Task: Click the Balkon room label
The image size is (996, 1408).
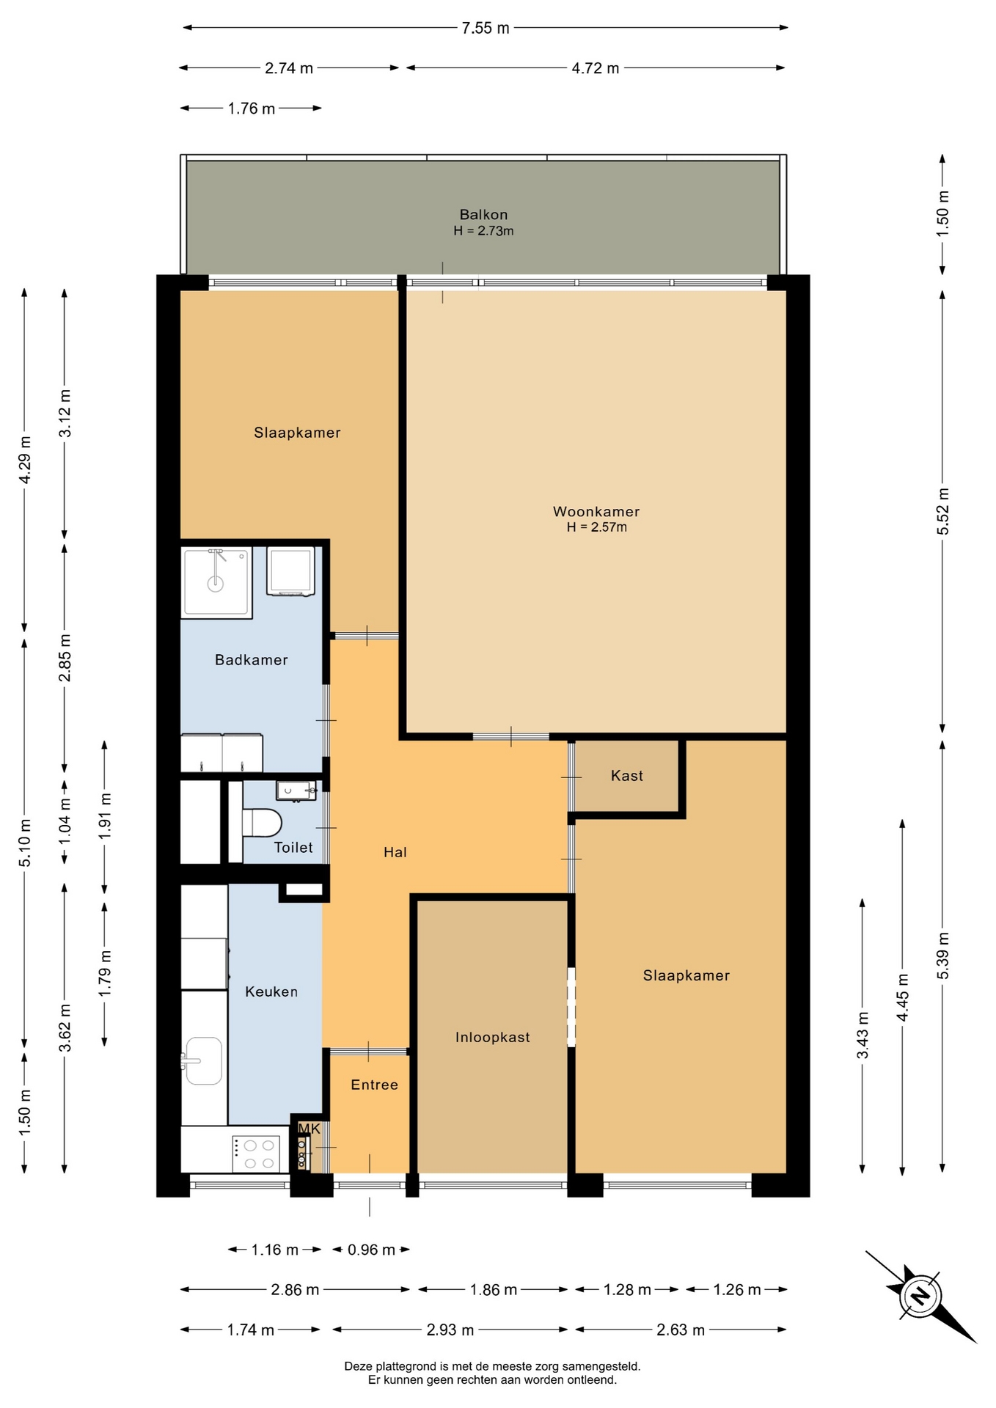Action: coord(483,215)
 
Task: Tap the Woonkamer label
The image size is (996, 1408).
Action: coord(596,512)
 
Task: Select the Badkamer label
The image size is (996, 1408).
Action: coord(251,660)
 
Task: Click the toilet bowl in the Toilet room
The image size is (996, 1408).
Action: coord(261,822)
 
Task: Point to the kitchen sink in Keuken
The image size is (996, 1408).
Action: coord(203,1060)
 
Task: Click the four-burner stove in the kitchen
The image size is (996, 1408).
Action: coord(256,1154)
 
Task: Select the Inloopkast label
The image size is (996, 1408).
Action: coord(492,1038)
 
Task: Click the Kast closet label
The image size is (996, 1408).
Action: coord(627,776)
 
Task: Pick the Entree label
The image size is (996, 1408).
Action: coord(374,1085)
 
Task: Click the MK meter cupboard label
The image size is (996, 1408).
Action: coord(310,1129)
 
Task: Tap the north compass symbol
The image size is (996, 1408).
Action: coord(920,1297)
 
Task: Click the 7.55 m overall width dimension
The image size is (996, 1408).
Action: coord(486,28)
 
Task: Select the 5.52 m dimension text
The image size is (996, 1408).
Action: coord(943,511)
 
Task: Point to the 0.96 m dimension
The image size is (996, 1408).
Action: coord(371,1250)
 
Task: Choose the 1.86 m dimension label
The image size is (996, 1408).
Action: coord(494,1289)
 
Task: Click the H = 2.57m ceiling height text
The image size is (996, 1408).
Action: coord(596,527)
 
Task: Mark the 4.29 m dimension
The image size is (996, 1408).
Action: coord(25,460)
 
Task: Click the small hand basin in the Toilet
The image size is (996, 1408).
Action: coord(296,791)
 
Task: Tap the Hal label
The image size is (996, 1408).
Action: coord(395,852)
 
